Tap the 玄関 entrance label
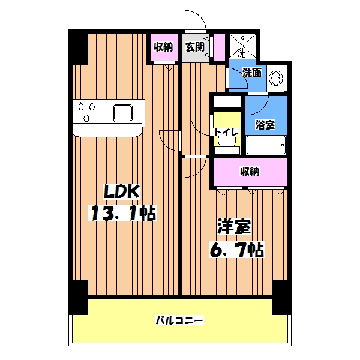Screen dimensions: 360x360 (194, 46)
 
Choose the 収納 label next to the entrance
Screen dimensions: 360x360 (163, 46)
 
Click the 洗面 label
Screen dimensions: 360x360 (251, 73)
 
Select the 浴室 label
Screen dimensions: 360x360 (265, 125)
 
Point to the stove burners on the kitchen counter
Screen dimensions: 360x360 (85, 112)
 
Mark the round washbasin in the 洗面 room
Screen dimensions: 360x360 (277, 79)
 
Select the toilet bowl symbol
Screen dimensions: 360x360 (227, 142)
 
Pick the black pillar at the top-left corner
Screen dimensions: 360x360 (78, 47)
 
